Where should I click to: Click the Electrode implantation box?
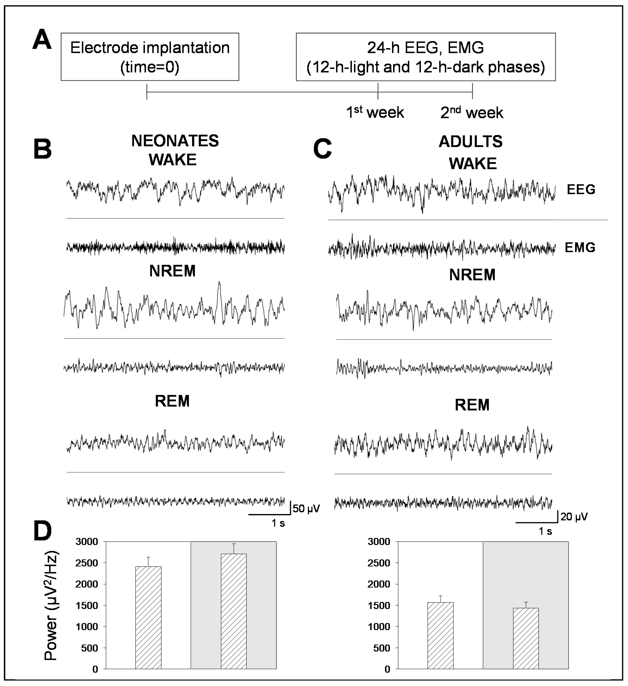coord(150,57)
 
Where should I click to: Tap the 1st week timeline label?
coord(375,112)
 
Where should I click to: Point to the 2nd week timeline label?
coord(472,112)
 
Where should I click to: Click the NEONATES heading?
coord(175,141)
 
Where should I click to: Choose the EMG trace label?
coord(580,247)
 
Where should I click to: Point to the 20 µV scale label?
coord(574,517)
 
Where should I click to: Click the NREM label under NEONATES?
coord(172,271)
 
